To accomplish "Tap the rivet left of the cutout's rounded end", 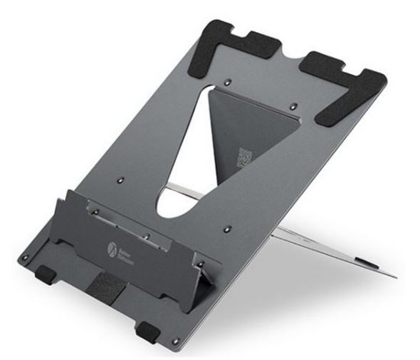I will (x=121, y=180).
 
